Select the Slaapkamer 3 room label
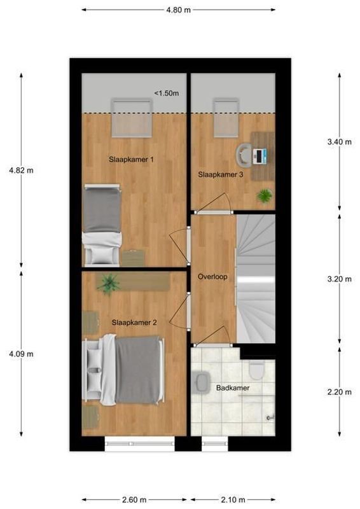[x=220, y=174]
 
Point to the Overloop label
[x=212, y=277]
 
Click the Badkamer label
[x=233, y=387]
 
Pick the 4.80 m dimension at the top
[x=178, y=10]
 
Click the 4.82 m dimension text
[x=21, y=171]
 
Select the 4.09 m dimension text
[x=21, y=354]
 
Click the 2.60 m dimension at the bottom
[x=134, y=499]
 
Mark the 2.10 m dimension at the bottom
[x=233, y=499]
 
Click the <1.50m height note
[x=167, y=94]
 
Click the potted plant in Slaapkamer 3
[x=264, y=195]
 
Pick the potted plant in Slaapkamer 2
[x=109, y=283]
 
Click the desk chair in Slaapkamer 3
[x=244, y=154]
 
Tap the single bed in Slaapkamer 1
[x=102, y=223]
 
